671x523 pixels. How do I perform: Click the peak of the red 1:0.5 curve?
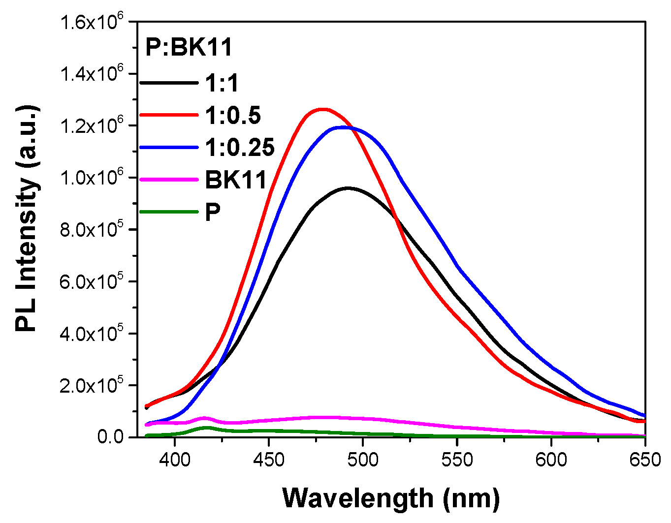(322, 109)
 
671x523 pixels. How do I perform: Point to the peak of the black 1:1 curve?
(348, 188)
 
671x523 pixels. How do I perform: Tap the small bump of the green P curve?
(206, 428)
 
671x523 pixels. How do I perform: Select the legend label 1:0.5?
(233, 115)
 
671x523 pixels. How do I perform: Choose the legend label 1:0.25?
(240, 147)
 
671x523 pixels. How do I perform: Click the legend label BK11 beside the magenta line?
(236, 180)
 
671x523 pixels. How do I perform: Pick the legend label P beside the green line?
(213, 212)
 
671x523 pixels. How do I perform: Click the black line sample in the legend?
(169, 83)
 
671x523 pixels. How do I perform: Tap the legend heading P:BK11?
(189, 48)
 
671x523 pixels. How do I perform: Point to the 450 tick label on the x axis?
(268, 460)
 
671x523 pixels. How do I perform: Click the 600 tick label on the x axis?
(551, 460)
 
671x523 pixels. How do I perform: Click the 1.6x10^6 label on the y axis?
(91, 22)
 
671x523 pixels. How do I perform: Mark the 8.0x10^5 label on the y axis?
(91, 230)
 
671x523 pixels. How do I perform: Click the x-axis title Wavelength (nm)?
(391, 498)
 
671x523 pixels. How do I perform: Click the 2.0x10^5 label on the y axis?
(91, 385)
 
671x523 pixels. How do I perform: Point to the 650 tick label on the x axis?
(645, 460)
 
